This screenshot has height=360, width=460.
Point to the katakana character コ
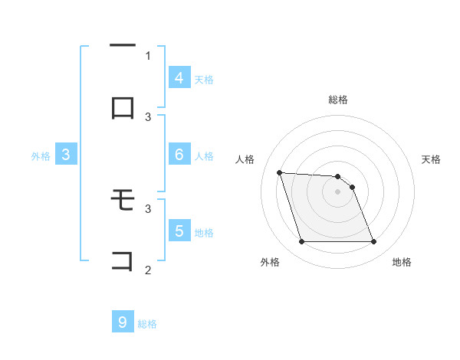tap(123, 260)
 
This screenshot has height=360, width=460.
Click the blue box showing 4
tap(179, 78)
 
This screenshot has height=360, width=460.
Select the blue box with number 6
tap(179, 155)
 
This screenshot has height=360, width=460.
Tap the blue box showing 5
tap(179, 231)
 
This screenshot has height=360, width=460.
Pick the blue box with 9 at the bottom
tap(122, 322)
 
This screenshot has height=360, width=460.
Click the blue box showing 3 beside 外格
tap(66, 155)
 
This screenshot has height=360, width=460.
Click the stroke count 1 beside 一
tap(148, 55)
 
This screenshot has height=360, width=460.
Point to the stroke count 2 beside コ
tap(148, 270)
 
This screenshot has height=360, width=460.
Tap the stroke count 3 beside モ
tap(148, 208)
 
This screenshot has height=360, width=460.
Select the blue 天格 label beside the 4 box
tap(204, 79)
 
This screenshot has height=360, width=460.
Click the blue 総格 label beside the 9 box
tap(147, 324)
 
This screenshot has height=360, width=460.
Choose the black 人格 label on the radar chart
tap(246, 159)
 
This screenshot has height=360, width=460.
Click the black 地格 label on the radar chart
tap(402, 262)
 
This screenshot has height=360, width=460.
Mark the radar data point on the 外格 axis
tap(301, 242)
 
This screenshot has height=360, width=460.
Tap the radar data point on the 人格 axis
tap(280, 172)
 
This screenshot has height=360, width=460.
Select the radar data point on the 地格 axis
tap(373, 242)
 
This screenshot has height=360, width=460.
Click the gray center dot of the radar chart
tap(337, 191)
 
